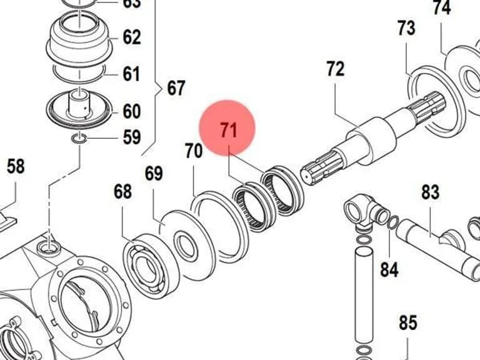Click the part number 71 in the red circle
point(229,130)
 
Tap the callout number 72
point(336,69)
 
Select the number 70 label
point(194,151)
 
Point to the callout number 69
point(154,174)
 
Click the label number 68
point(122,192)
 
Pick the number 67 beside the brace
point(176,88)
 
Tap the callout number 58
point(16,166)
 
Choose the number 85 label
point(408,322)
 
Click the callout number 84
point(389,269)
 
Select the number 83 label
point(431,192)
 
